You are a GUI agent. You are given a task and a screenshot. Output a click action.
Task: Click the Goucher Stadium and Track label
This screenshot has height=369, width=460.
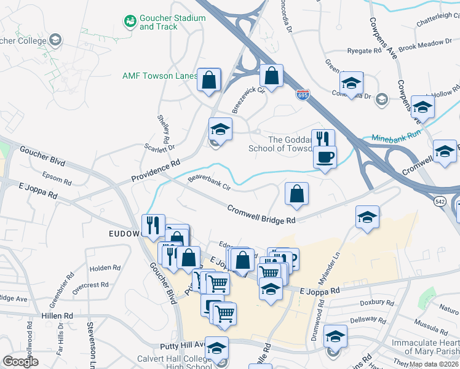pos(172,22)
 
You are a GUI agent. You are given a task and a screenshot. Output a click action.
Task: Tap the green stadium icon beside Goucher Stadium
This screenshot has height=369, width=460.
pos(130,22)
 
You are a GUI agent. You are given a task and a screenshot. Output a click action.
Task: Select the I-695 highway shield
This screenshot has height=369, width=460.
pos(303,95)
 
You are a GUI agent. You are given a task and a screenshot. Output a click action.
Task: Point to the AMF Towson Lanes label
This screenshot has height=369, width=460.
pos(160,76)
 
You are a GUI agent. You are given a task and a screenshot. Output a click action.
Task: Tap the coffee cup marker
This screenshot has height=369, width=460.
pos(325,157)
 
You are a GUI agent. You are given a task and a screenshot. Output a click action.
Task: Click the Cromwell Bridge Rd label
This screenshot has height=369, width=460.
pos(261,214)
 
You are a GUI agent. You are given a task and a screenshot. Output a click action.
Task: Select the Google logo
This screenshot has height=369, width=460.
pos(21,362)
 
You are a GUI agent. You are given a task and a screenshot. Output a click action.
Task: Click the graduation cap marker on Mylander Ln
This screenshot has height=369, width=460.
pos(367,216)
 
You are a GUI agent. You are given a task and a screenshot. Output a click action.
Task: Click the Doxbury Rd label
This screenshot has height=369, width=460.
pos(376,303)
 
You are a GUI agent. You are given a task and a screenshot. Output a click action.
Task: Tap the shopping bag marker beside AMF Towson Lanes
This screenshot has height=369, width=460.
pos(209,79)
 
